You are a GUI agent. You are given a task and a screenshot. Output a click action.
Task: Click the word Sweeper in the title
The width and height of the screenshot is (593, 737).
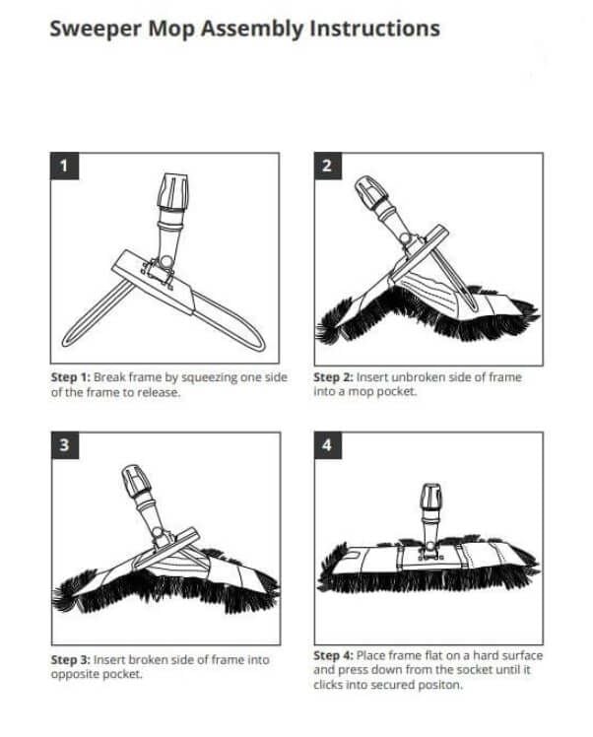coord(96,29)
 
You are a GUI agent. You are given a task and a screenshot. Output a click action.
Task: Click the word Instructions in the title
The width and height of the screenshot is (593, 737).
coord(374,29)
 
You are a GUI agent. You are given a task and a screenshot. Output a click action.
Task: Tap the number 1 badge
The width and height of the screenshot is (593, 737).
coord(64,166)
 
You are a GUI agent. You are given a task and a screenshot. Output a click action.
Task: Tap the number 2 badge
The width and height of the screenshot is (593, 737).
coord(327,166)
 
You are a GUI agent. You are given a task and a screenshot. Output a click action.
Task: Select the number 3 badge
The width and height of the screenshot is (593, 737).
coord(65,445)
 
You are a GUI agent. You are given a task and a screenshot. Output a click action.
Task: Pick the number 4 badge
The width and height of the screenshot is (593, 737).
coord(327,445)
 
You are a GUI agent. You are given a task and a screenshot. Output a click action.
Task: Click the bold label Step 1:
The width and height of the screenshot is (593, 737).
coord(71,377)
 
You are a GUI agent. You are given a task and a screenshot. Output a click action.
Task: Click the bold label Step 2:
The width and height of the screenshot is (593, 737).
coord(333,377)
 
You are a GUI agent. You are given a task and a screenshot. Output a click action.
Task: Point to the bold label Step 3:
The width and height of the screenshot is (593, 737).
coord(71,659)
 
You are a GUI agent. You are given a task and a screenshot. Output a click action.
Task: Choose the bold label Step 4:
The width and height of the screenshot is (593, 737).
coord(333,655)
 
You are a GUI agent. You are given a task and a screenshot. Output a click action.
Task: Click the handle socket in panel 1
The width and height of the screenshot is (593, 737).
coord(172,194)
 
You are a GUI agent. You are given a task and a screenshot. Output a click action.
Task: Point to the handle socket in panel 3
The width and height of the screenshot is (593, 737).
coord(136,481)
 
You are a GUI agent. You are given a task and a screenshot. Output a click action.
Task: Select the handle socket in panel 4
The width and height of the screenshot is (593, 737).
coord(430,497)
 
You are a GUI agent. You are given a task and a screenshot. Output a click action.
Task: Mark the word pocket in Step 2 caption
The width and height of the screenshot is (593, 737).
coord(397,391)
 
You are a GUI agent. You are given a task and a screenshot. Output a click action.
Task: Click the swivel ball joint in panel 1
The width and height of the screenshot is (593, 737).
coord(165,261)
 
